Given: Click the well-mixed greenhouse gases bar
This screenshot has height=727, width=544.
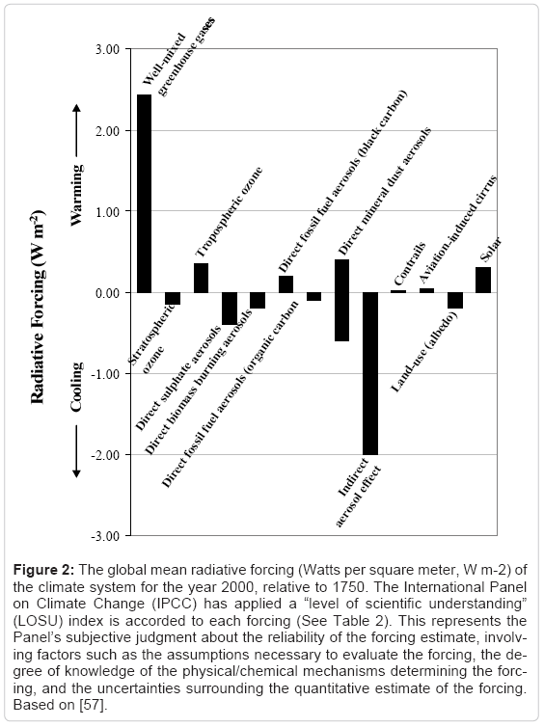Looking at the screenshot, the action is pyautogui.click(x=144, y=194).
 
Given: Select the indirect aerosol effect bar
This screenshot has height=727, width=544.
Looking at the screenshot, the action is pyautogui.click(x=370, y=374).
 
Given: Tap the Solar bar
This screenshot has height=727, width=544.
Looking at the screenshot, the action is pyautogui.click(x=483, y=280).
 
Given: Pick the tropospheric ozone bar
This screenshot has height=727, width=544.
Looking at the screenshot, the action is pyautogui.click(x=201, y=278).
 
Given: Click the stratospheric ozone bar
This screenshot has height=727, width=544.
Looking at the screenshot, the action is pyautogui.click(x=173, y=299).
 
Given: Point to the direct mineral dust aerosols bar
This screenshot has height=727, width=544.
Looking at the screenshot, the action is pyautogui.click(x=341, y=300).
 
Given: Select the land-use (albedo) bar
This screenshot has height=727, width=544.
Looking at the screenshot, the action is pyautogui.click(x=455, y=301).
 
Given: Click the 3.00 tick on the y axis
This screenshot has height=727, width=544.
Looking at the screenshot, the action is pyautogui.click(x=108, y=49).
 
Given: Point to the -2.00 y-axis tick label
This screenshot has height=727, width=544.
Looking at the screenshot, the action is pyautogui.click(x=106, y=455).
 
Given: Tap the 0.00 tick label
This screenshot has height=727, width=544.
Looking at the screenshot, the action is pyautogui.click(x=108, y=293).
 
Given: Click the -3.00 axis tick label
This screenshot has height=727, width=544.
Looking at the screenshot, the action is pyautogui.click(x=106, y=536).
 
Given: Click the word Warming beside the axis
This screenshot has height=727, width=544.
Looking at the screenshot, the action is pyautogui.click(x=76, y=195).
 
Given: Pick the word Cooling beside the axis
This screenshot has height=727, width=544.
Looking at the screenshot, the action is pyautogui.click(x=76, y=388).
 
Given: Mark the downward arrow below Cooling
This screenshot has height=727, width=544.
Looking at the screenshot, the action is pyautogui.click(x=76, y=451).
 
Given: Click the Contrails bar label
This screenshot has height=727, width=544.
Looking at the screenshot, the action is pyautogui.click(x=410, y=263).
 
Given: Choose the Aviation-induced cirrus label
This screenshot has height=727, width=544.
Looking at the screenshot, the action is pyautogui.click(x=458, y=229).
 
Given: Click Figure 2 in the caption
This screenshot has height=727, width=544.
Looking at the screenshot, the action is pyautogui.click(x=43, y=570).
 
